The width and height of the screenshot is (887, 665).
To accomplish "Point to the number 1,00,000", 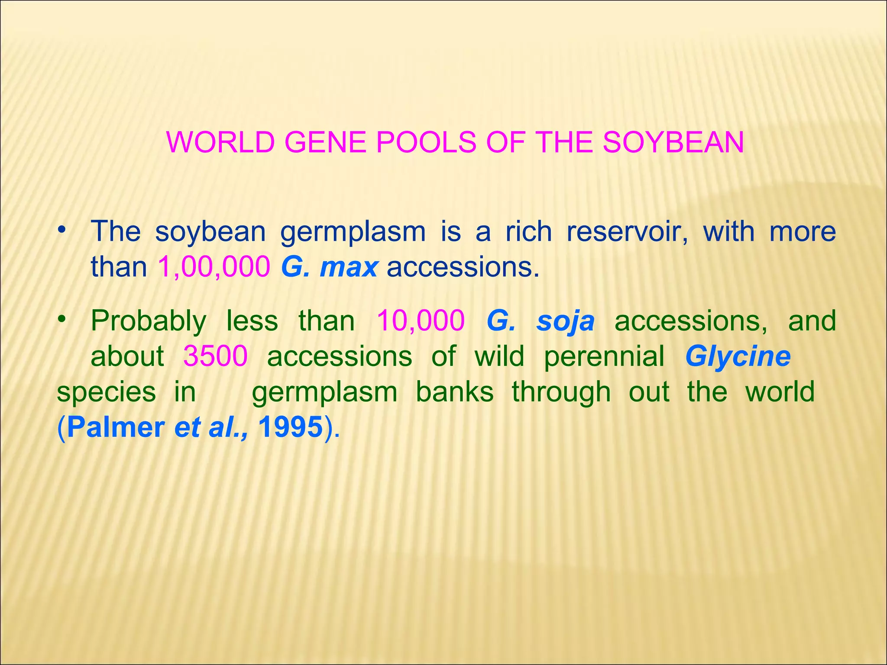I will pos(214,267).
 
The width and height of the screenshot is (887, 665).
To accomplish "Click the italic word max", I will pos(349,268).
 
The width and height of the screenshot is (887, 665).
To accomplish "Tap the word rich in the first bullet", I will pos(529,231).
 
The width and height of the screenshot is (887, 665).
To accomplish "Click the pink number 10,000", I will pos(421,321).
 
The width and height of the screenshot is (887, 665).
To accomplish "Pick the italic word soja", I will pos(565,322).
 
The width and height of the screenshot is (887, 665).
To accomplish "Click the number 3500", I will pos(215,356).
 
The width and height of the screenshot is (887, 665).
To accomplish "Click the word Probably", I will pos(149,322).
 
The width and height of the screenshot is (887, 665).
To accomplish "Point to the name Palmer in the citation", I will pos(116,427).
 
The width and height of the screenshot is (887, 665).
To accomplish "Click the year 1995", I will pos(291,427).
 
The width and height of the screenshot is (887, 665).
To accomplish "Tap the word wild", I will pos(499,356).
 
